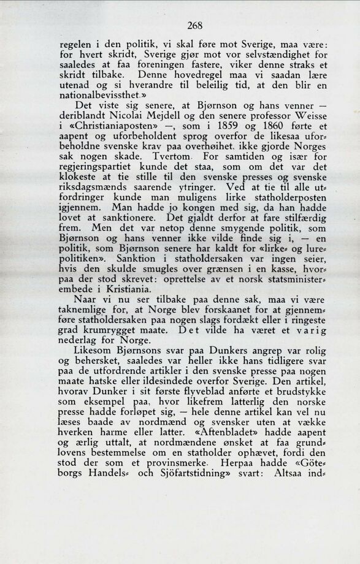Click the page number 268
coord(194,25)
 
